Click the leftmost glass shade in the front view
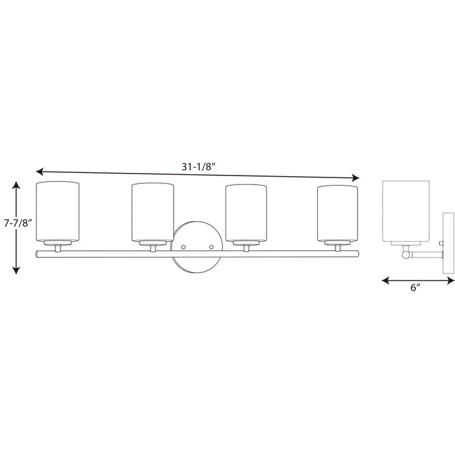(57, 212)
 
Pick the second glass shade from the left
(153, 212)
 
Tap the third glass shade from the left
(246, 212)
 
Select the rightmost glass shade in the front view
(339, 212)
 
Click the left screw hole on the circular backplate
(185, 247)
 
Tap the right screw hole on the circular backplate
(211, 247)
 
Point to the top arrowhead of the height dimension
(17, 185)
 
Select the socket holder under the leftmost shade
(57, 246)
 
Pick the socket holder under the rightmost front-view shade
(339, 246)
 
